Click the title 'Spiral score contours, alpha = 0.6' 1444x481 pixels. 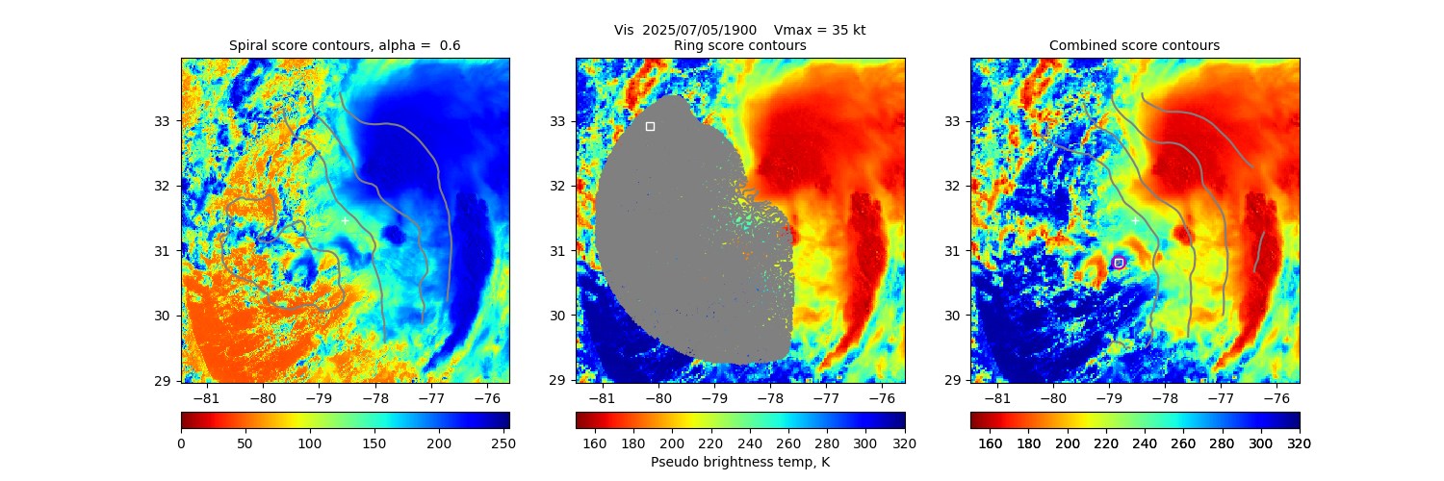point(345,45)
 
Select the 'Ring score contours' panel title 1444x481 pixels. point(739,45)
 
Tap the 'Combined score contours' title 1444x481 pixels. point(1134,45)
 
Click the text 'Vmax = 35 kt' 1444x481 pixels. point(819,30)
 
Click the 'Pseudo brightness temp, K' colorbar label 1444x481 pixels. point(739,462)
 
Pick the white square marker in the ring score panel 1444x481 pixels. point(650,126)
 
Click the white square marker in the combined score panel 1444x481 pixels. point(1119,263)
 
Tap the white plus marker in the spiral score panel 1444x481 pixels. point(345,220)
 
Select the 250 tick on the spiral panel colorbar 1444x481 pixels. point(503,443)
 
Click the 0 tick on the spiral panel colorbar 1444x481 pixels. point(181,443)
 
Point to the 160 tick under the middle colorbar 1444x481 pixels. point(595,443)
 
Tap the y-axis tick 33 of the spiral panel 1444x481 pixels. point(164,121)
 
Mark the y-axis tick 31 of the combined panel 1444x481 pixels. point(953,251)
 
